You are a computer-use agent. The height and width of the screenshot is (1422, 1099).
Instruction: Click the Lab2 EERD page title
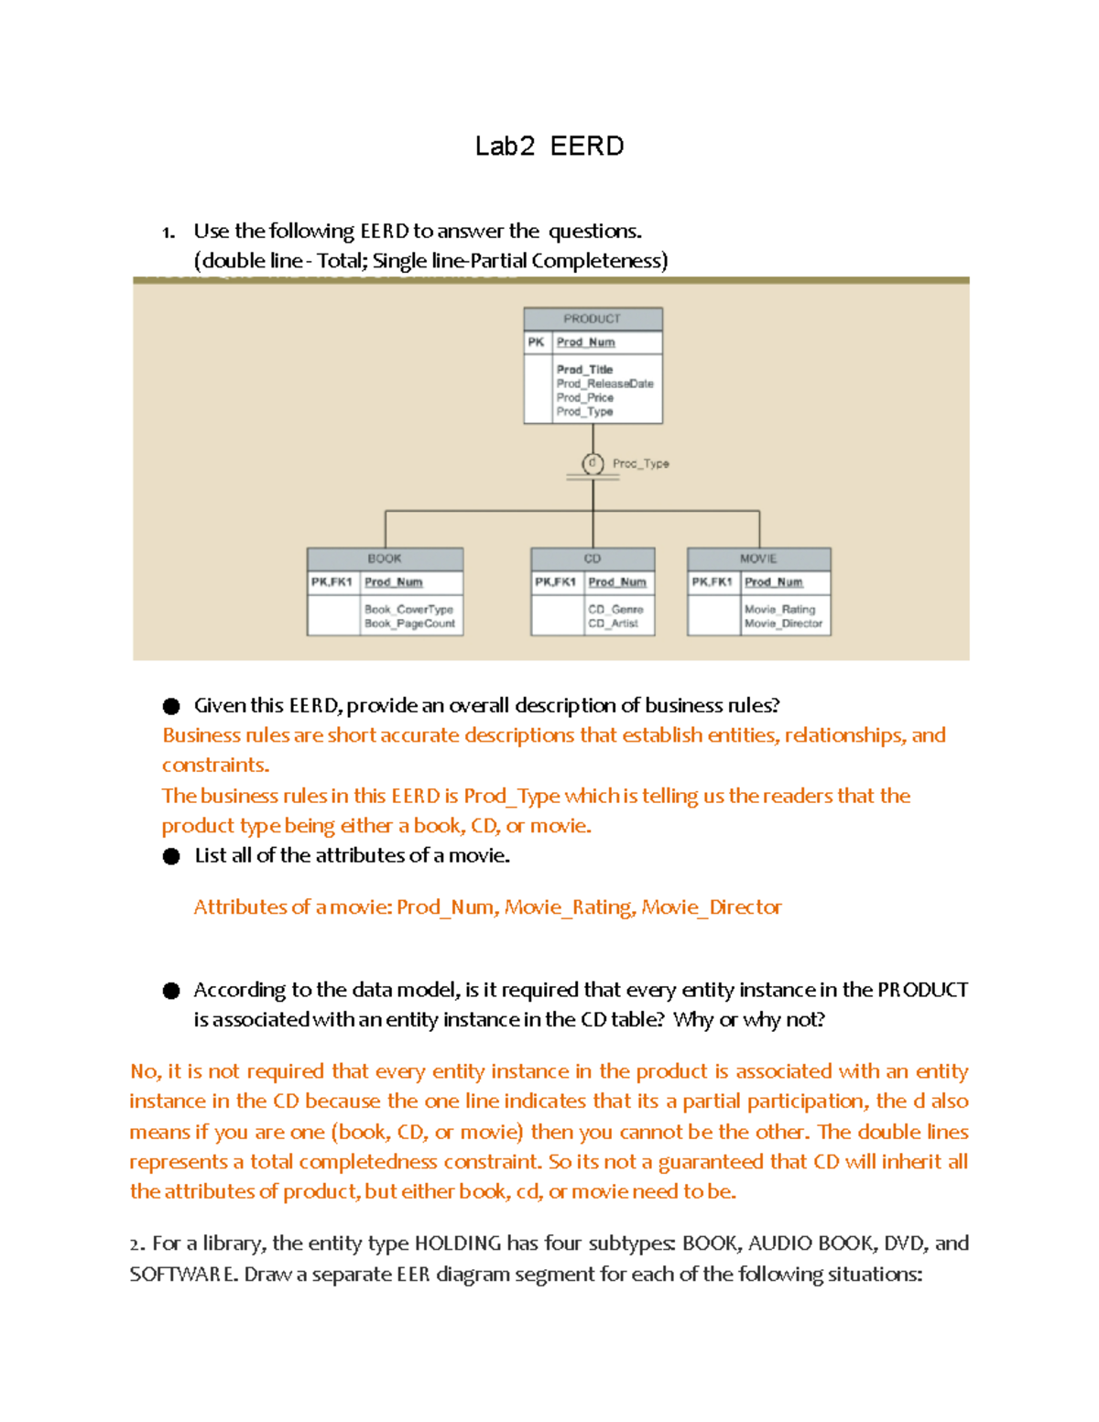[549, 147]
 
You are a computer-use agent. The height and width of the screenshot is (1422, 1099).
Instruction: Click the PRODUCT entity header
[593, 319]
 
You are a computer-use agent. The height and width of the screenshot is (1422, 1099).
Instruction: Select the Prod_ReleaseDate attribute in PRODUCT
[605, 384]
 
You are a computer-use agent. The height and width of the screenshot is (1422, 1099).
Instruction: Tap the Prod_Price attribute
[585, 397]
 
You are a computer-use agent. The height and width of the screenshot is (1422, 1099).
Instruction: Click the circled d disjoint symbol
[593, 463]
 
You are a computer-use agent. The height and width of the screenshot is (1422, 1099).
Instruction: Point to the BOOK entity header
[385, 559]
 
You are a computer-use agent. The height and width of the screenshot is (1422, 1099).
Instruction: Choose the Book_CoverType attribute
[408, 609]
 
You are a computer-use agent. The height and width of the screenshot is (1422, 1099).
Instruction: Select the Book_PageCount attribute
[409, 624]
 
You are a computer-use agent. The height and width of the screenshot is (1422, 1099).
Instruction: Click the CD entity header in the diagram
[593, 559]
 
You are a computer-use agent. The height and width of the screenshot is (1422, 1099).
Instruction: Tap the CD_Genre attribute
[615, 609]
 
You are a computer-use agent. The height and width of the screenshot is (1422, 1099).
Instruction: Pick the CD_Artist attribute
[613, 624]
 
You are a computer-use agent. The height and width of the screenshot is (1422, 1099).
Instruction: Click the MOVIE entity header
[758, 559]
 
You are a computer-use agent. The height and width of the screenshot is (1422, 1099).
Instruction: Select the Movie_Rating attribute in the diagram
[779, 609]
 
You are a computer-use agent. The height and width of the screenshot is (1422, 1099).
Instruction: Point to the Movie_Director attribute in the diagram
[783, 624]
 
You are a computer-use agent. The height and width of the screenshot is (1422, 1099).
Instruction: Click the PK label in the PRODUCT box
[537, 342]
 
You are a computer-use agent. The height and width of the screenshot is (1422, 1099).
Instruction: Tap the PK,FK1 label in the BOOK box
[332, 582]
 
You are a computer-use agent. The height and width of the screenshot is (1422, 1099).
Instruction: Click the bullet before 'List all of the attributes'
[171, 856]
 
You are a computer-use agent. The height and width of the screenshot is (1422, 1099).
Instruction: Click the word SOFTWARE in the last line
[183, 1275]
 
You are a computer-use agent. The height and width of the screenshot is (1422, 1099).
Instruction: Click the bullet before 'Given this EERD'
[171, 706]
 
